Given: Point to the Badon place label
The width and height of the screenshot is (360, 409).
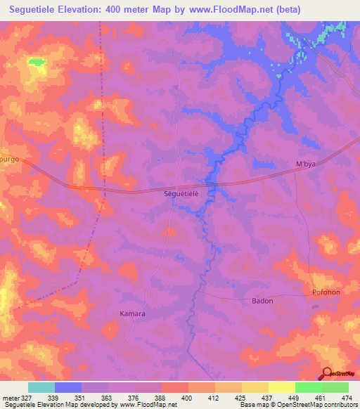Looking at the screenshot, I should point(262,301).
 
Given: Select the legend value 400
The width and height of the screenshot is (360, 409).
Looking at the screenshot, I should point(186,397).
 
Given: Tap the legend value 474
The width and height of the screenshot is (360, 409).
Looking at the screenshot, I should point(346,397).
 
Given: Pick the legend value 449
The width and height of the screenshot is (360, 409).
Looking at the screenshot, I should point(292,397).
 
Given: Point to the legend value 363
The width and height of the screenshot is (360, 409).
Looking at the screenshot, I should point(105,397).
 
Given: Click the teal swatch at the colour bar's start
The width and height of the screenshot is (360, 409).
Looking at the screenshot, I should point(41,387).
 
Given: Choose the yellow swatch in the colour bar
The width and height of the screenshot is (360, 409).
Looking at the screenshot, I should point(281,387).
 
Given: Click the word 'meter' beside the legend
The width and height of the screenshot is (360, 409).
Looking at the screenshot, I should point(10,397).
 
